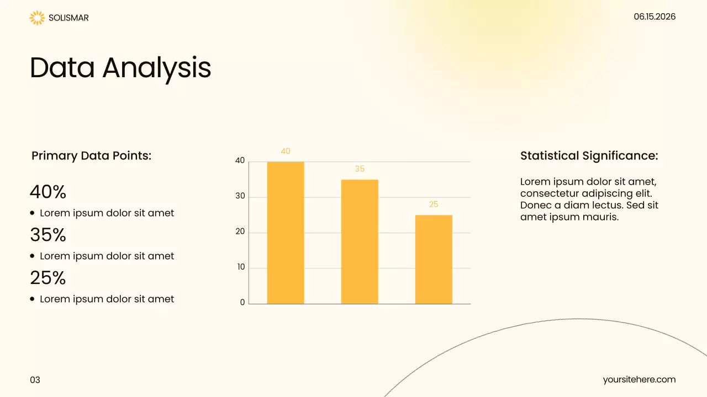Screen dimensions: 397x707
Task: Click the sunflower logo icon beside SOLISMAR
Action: click(x=36, y=18)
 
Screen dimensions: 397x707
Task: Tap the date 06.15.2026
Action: click(x=655, y=17)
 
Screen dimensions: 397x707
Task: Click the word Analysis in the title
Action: click(x=157, y=68)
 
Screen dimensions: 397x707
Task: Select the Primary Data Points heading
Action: click(x=91, y=155)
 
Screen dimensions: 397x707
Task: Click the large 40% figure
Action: click(x=48, y=192)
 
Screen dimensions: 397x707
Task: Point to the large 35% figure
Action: click(x=48, y=235)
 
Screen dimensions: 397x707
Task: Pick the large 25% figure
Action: click(x=48, y=278)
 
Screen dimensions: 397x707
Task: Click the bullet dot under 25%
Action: click(x=33, y=299)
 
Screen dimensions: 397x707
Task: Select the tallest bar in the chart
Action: click(x=286, y=232)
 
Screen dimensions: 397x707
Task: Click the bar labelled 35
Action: click(x=360, y=242)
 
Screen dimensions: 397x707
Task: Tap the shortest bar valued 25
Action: click(x=434, y=259)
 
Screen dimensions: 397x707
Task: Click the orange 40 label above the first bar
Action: click(x=286, y=151)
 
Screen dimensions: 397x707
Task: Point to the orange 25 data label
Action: click(x=434, y=205)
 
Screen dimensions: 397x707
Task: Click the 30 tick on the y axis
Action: click(x=240, y=196)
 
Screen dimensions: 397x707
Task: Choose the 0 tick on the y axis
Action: click(x=242, y=303)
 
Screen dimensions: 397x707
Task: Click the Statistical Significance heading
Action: click(x=589, y=155)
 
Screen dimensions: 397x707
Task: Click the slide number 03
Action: click(x=35, y=380)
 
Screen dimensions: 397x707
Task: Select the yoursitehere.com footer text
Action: click(x=639, y=379)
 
